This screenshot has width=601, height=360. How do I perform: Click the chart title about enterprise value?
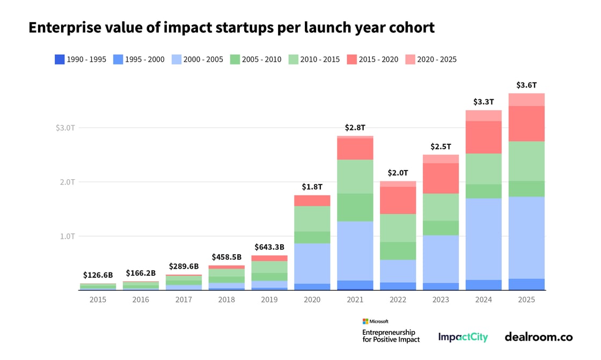pyautogui.click(x=231, y=28)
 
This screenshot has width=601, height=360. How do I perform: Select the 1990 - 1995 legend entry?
pyautogui.click(x=81, y=60)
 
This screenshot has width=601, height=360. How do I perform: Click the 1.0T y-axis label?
pyautogui.click(x=68, y=236)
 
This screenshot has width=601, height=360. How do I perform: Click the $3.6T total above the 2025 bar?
pyautogui.click(x=526, y=85)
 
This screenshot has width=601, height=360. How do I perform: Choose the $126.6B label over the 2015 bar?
pyautogui.click(x=98, y=275)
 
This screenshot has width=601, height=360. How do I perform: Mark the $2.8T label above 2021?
pyautogui.click(x=355, y=128)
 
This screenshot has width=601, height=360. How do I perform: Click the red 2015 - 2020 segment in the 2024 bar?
pyautogui.click(x=483, y=137)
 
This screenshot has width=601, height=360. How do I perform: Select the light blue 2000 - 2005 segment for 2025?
pyautogui.click(x=526, y=238)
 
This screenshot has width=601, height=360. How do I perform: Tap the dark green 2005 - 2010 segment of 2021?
pyautogui.click(x=355, y=207)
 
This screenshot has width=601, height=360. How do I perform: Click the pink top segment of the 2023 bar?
pyautogui.click(x=441, y=159)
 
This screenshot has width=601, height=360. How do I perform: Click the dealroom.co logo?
pyautogui.click(x=538, y=337)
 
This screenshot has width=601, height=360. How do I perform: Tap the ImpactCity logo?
pyautogui.click(x=463, y=337)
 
